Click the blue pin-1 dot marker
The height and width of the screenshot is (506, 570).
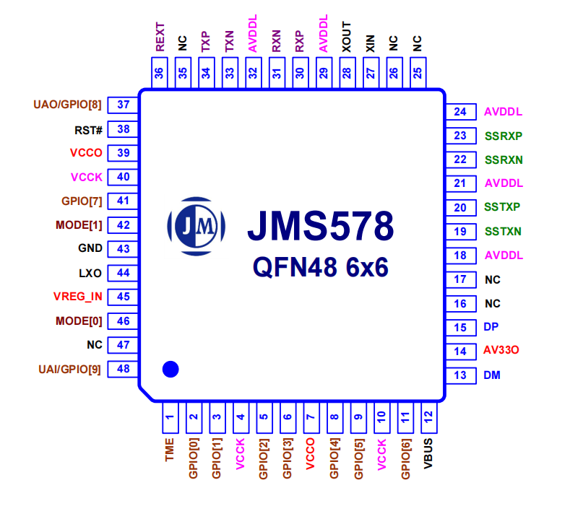pyautogui.click(x=170, y=369)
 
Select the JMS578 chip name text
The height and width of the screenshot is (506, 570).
pyautogui.click(x=321, y=226)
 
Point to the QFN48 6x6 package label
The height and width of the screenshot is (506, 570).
pyautogui.click(x=321, y=268)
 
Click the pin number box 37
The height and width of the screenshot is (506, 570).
pyautogui.click(x=123, y=105)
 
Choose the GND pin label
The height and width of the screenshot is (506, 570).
pyautogui.click(x=90, y=248)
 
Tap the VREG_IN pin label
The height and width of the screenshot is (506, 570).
pyautogui.click(x=77, y=296)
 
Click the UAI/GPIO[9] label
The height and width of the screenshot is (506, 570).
pyautogui.click(x=69, y=370)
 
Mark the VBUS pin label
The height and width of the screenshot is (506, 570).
pyautogui.click(x=428, y=454)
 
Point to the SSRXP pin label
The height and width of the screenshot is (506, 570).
pyautogui.click(x=504, y=136)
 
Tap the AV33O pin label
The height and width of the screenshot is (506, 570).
pyautogui.click(x=501, y=351)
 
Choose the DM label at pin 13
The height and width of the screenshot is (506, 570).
pyautogui.click(x=492, y=375)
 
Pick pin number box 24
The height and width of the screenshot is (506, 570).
pyautogui.click(x=460, y=112)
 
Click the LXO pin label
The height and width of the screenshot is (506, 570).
pyautogui.click(x=90, y=273)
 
